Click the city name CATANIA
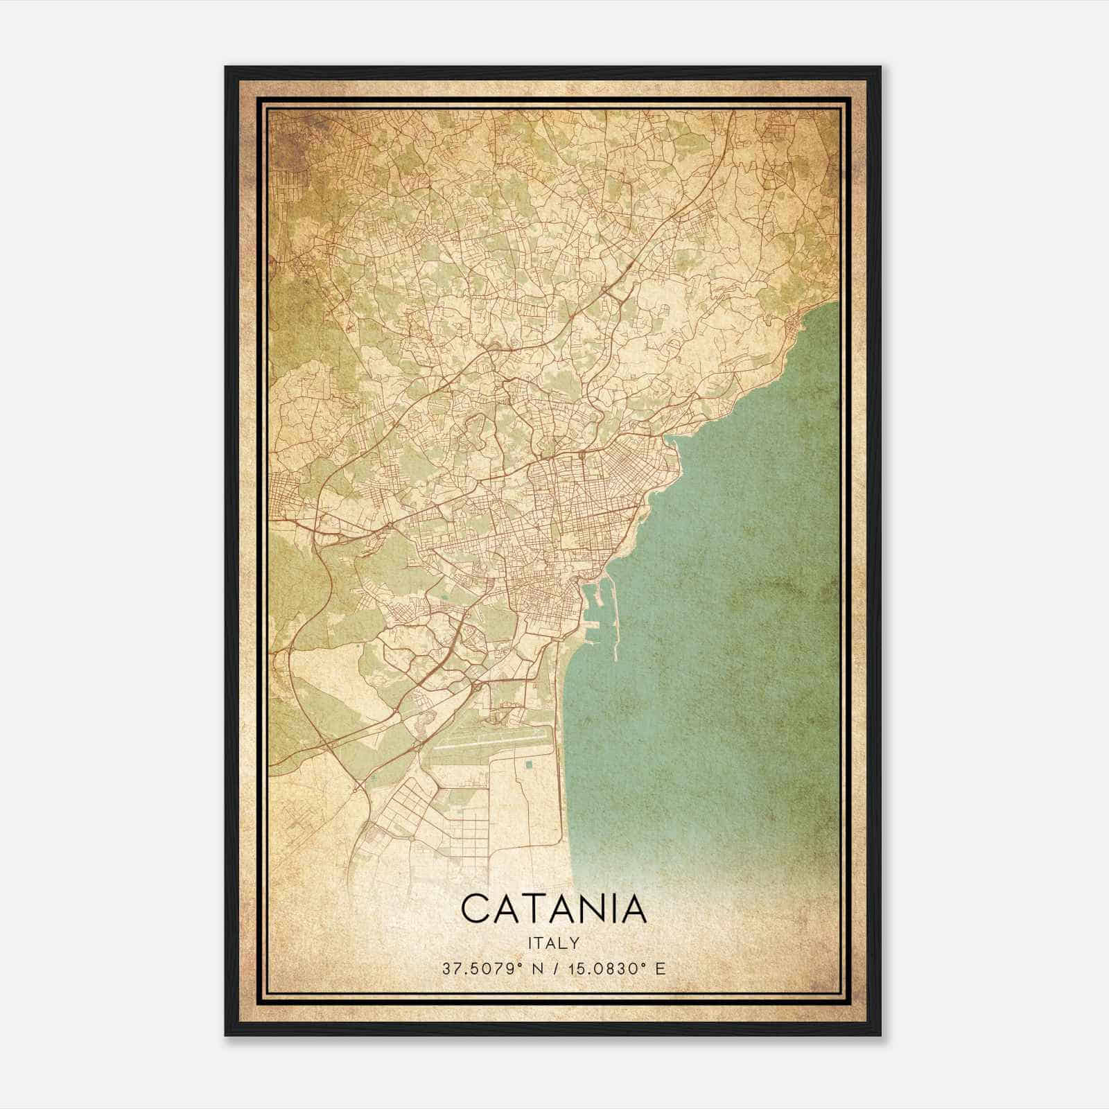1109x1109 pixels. (554, 909)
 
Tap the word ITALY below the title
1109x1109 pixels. (554, 943)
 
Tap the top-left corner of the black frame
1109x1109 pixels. (227, 68)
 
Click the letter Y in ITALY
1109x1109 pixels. (576, 943)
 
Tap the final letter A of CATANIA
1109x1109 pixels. (634, 909)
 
